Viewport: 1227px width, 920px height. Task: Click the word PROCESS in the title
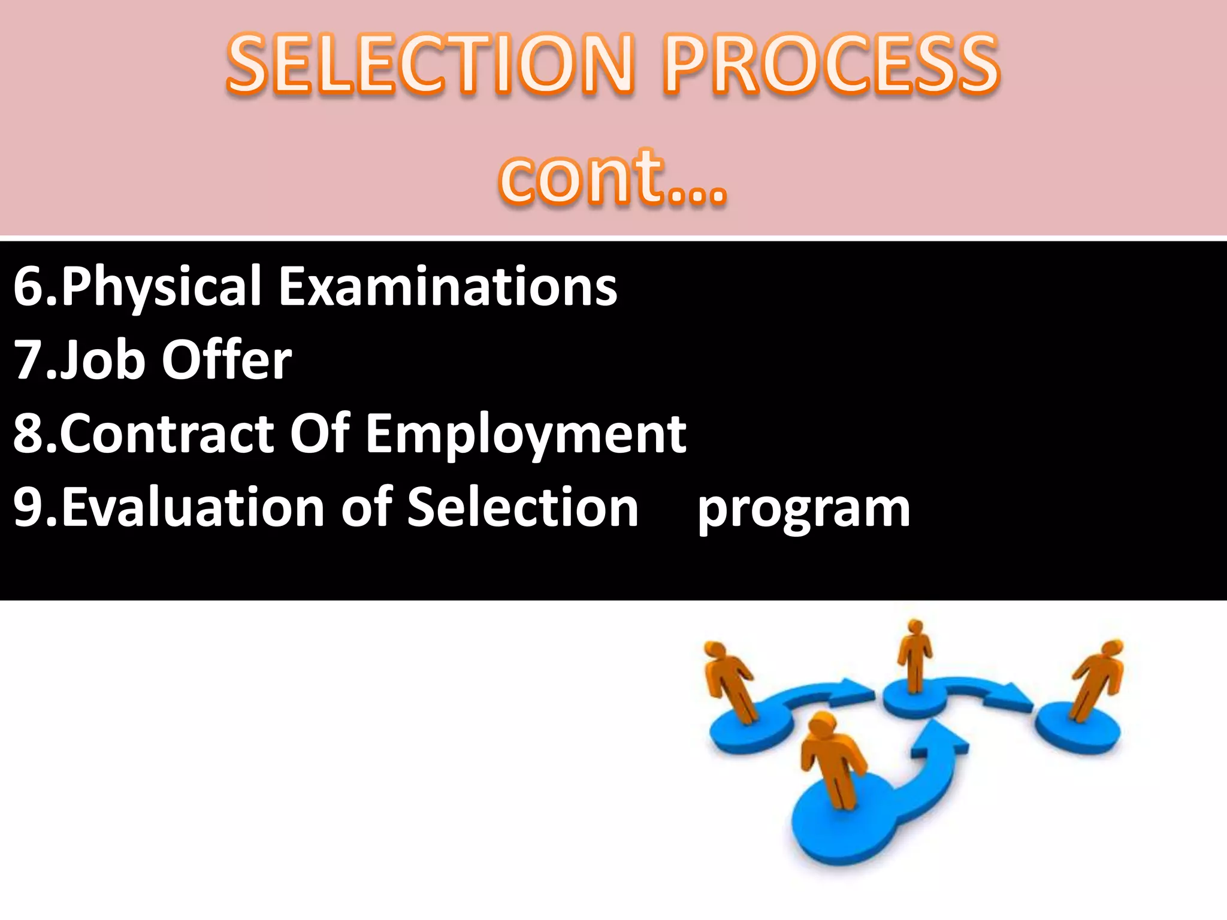(x=832, y=65)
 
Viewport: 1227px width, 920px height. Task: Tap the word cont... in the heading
(x=612, y=177)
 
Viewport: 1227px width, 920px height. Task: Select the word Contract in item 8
(x=167, y=434)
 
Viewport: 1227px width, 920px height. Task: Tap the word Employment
(x=526, y=434)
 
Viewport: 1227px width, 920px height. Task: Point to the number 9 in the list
(x=28, y=508)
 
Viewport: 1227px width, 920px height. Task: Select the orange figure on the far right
(x=1098, y=677)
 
